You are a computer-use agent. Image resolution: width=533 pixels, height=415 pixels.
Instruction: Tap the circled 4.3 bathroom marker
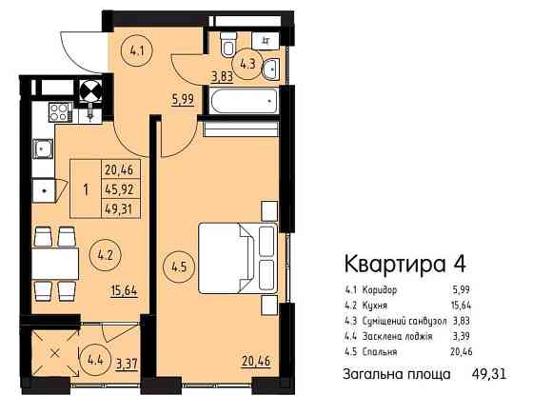pyautogui.click(x=249, y=64)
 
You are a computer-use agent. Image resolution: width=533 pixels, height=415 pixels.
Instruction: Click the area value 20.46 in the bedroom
pyautogui.click(x=254, y=361)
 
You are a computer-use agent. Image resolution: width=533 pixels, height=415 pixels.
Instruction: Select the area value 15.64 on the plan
pyautogui.click(x=123, y=291)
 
